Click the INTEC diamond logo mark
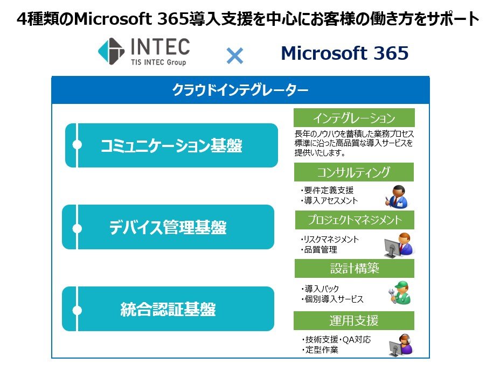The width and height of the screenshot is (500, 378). pos(111,51)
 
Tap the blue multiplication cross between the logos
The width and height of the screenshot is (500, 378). pos(235,55)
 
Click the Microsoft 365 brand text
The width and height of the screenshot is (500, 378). pos(344,53)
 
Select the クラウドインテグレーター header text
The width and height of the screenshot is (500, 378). pos(240,90)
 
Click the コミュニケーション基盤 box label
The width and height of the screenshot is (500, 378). pos(171,146)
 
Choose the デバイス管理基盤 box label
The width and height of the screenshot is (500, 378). pos(168,227)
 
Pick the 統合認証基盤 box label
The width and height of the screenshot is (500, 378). pos(168,309)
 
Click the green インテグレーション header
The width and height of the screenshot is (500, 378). pos(355,117)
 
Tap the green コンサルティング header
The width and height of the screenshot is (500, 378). pos(354,172)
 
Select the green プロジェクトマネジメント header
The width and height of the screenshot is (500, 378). pos(355,220)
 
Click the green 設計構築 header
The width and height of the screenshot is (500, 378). pos(355,268)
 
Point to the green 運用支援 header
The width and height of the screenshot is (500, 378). pos(354,320)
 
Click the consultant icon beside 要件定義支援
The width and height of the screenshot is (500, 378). pos(397,197)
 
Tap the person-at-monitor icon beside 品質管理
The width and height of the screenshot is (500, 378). pos(399,245)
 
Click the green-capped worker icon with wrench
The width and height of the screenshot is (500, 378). pos(400,292)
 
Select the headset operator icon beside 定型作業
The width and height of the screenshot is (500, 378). pos(401,345)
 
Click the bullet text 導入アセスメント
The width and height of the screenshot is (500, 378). pos(329,200)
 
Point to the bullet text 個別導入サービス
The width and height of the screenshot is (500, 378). pos(332,299)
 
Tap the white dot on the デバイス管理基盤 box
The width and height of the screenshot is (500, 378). pos(77,228)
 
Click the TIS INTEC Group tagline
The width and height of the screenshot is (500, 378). pos(158,62)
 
